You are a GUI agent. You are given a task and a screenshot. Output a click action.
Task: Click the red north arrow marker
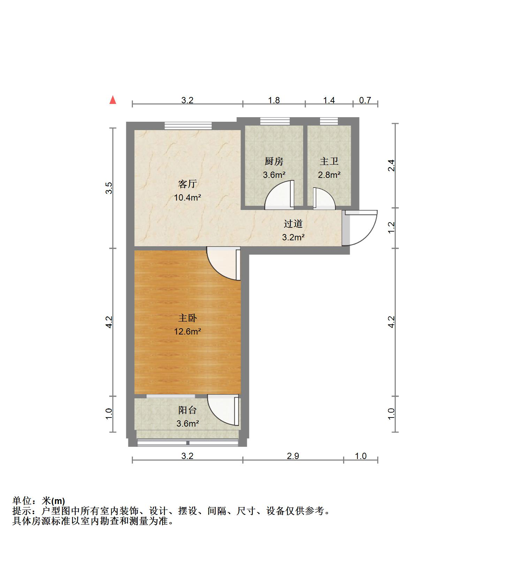(x=113, y=100)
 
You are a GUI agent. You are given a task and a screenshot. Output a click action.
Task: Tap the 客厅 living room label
(x=187, y=184)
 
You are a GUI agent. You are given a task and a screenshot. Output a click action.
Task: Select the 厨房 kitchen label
(x=274, y=161)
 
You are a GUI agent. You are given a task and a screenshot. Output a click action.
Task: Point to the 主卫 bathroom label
(x=329, y=161)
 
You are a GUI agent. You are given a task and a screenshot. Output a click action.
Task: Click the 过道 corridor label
(x=293, y=224)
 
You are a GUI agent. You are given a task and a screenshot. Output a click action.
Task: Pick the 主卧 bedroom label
(x=187, y=318)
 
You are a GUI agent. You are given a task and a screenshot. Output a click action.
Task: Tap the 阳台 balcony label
(x=187, y=410)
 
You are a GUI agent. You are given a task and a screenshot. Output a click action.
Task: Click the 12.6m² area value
(x=187, y=331)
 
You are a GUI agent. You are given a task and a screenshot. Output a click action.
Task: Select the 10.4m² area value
(x=187, y=198)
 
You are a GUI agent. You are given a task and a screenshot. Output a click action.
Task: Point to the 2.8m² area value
(x=329, y=175)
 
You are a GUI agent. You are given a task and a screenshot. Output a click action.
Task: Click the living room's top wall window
(x=188, y=126)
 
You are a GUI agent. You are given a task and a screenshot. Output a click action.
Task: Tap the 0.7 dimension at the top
(x=365, y=100)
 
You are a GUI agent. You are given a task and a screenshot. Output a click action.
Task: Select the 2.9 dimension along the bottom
(x=293, y=456)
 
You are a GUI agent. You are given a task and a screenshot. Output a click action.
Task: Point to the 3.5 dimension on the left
(x=109, y=188)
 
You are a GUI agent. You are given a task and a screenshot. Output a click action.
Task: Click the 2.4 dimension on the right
(x=392, y=165)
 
